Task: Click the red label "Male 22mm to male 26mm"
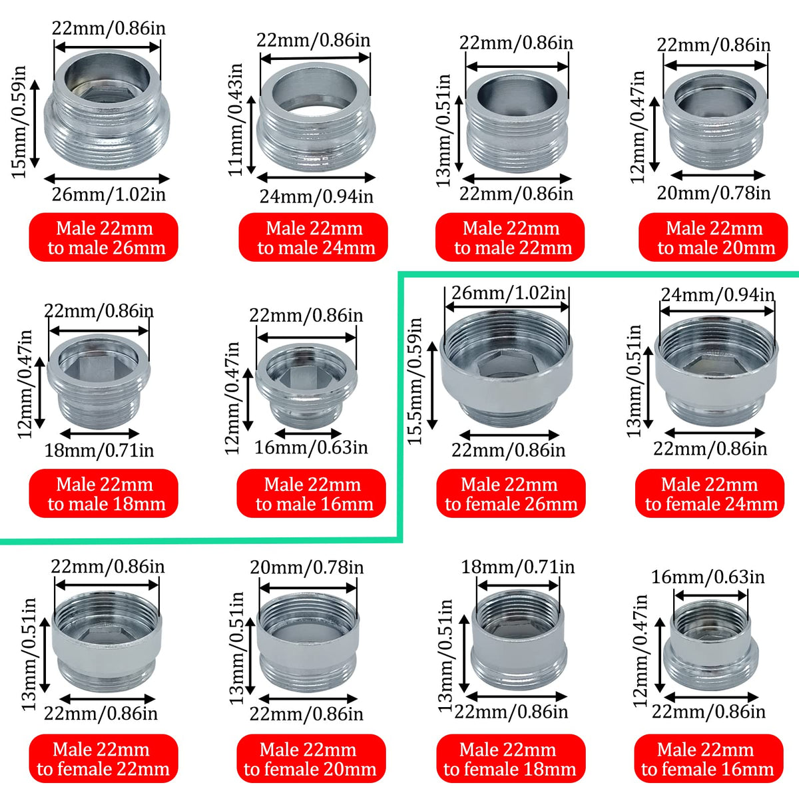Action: pyautogui.click(x=103, y=237)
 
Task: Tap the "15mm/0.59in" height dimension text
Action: pyautogui.click(x=19, y=122)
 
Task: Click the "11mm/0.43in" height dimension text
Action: pyautogui.click(x=236, y=119)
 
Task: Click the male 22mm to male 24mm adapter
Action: pyautogui.click(x=316, y=117)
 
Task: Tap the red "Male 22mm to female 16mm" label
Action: pyautogui.click(x=708, y=758)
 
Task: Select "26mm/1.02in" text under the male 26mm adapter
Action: pyautogui.click(x=109, y=194)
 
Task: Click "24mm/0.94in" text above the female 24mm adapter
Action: pyautogui.click(x=718, y=295)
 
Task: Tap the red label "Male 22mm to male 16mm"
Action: pyautogui.click(x=312, y=493)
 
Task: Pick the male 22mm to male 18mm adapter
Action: pyautogui.click(x=99, y=382)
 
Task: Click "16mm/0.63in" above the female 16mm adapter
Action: pyautogui.click(x=708, y=577)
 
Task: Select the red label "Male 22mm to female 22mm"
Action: pyautogui.click(x=103, y=758)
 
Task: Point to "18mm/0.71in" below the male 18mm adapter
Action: pyautogui.click(x=99, y=450)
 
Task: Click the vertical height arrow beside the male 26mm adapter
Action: pyautogui.click(x=35, y=124)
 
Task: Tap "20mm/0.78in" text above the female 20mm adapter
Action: pyautogui.click(x=307, y=567)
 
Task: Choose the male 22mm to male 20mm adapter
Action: pyautogui.click(x=715, y=119)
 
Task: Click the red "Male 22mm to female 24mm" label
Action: pyautogui.click(x=709, y=493)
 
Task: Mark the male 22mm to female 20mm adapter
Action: pyautogui.click(x=308, y=643)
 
